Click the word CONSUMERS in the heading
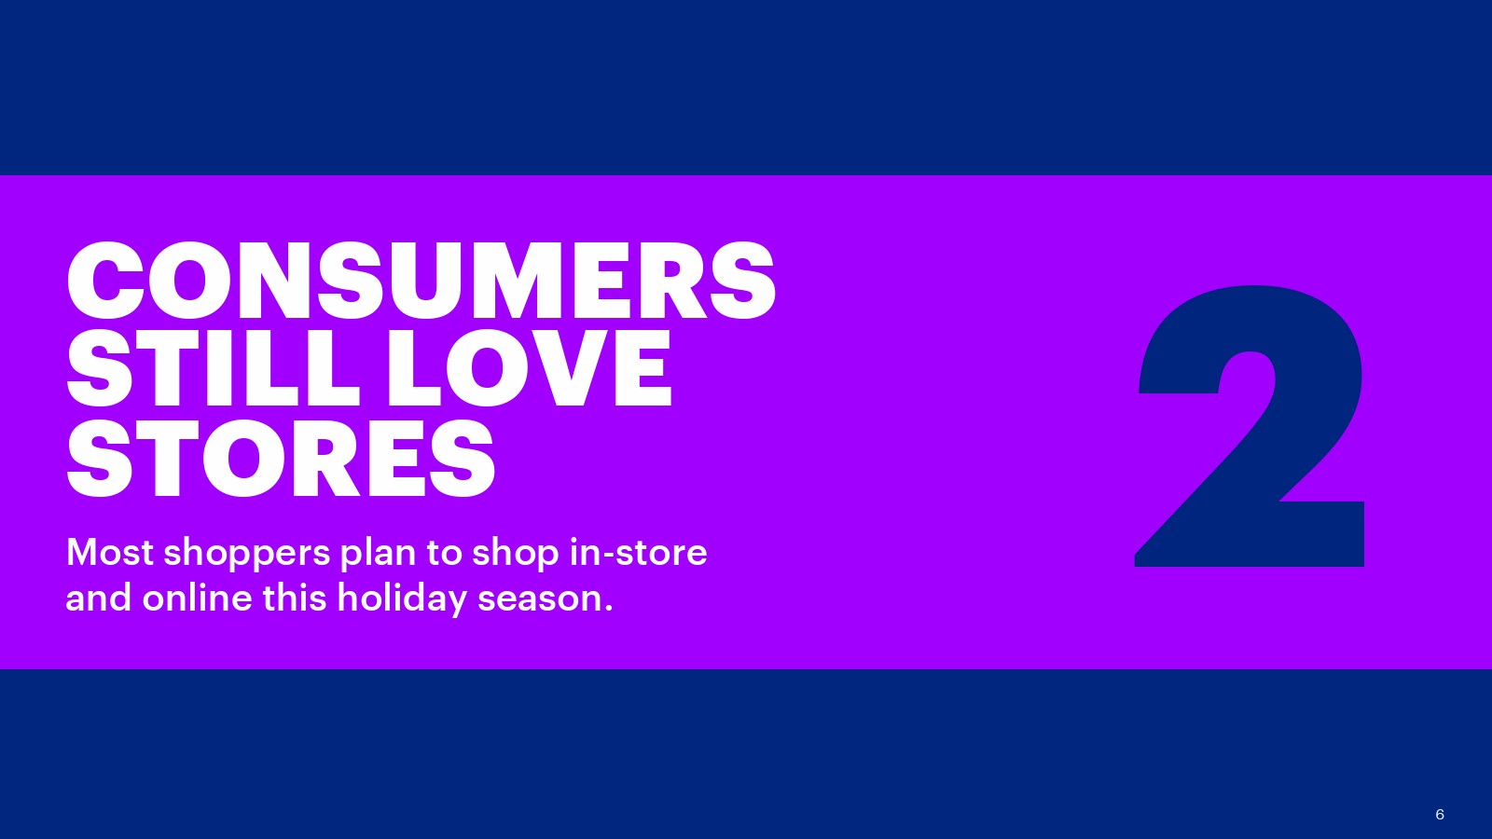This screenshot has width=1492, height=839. (x=421, y=281)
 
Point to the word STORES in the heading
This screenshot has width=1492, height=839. (x=281, y=458)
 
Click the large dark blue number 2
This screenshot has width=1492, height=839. (x=1250, y=426)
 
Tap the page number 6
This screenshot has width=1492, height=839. (x=1440, y=815)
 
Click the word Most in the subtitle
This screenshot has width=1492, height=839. (x=110, y=552)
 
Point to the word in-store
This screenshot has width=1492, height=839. (x=638, y=552)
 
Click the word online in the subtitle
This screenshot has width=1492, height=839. (x=197, y=598)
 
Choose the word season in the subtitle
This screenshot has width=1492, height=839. (x=540, y=600)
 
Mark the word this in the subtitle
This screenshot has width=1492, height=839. (x=295, y=598)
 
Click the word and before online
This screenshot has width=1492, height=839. (x=99, y=598)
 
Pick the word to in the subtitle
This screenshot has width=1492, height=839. (x=444, y=554)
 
